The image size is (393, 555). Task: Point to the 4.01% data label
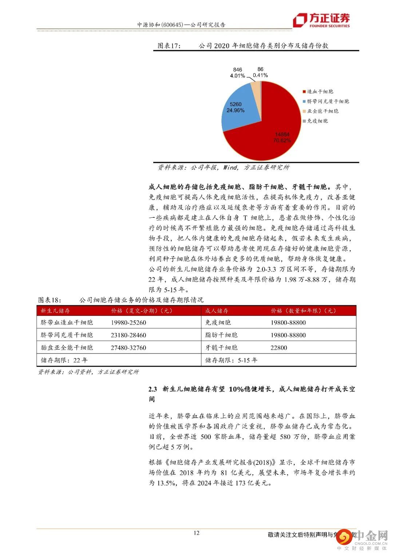click(x=237, y=76)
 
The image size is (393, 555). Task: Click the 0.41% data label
click(x=260, y=75)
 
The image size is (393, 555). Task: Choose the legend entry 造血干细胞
click(x=320, y=92)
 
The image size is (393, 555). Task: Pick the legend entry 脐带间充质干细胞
click(x=327, y=101)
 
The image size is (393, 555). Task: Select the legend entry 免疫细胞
click(x=317, y=121)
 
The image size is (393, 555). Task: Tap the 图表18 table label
click(x=50, y=300)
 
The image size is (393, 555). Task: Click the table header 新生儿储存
click(x=55, y=311)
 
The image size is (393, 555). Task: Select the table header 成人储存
click(x=217, y=311)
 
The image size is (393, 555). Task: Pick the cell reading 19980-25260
click(x=128, y=323)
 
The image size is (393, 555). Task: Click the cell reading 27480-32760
click(x=128, y=348)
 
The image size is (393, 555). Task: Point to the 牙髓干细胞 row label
click(x=221, y=348)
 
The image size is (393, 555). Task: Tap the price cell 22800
click(x=279, y=348)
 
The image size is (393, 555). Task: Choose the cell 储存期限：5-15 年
click(x=231, y=360)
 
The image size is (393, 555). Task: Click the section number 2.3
click(x=152, y=389)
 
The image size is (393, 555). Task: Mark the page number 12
click(x=196, y=533)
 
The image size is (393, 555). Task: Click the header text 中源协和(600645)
click(x=160, y=25)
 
